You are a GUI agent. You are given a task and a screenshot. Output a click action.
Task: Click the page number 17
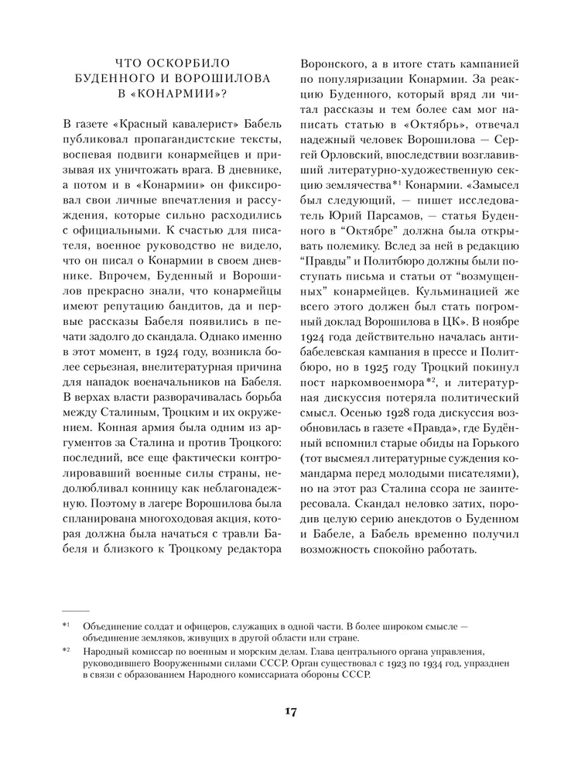coord(289,712)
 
